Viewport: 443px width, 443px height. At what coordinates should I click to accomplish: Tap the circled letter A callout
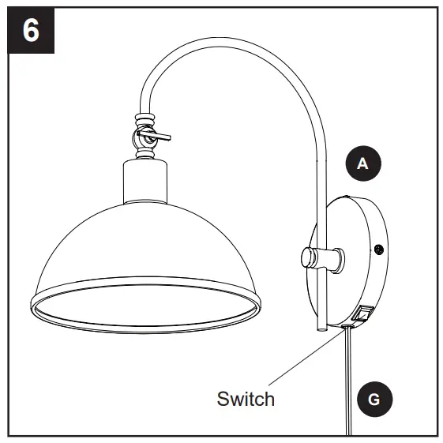(x=363, y=163)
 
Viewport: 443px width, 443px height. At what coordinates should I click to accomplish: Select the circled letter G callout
(x=374, y=399)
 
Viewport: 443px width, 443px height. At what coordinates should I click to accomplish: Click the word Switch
(x=246, y=399)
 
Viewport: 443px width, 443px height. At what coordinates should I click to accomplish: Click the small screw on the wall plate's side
(x=380, y=250)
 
